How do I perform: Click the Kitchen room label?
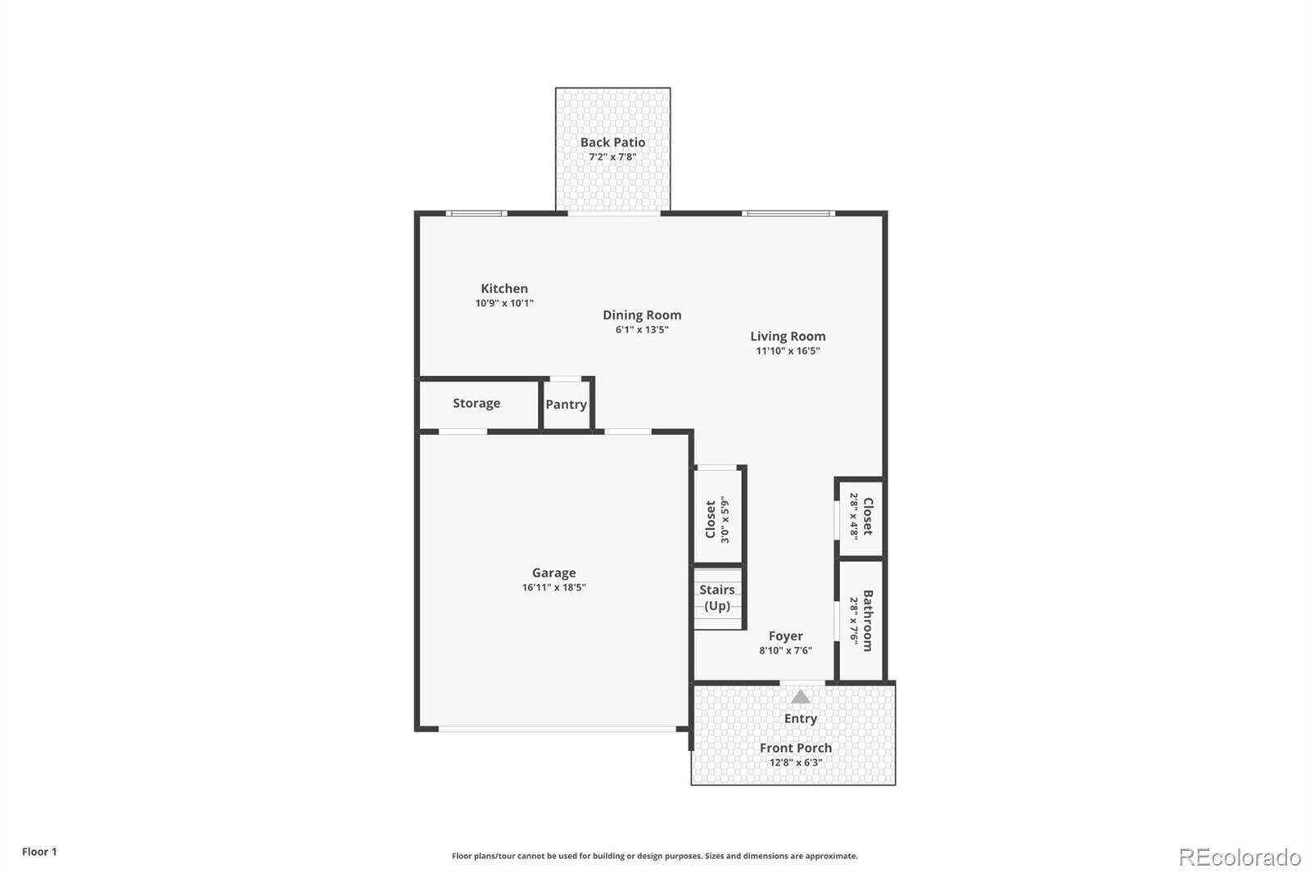504,288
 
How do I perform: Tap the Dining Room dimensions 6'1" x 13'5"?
642,330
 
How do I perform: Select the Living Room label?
788,336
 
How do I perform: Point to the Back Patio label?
612,142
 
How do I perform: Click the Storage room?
477,403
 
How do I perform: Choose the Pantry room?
566,404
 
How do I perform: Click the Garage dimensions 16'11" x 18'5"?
553,587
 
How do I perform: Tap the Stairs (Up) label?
717,598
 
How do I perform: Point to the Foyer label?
785,636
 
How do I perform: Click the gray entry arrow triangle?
801,697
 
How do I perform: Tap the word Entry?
801,718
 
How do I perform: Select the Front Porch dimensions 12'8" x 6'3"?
795,762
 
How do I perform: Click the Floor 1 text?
39,852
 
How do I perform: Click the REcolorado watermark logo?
1240,857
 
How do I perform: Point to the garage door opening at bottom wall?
557,728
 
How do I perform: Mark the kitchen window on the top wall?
476,214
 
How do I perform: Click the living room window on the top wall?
788,214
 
